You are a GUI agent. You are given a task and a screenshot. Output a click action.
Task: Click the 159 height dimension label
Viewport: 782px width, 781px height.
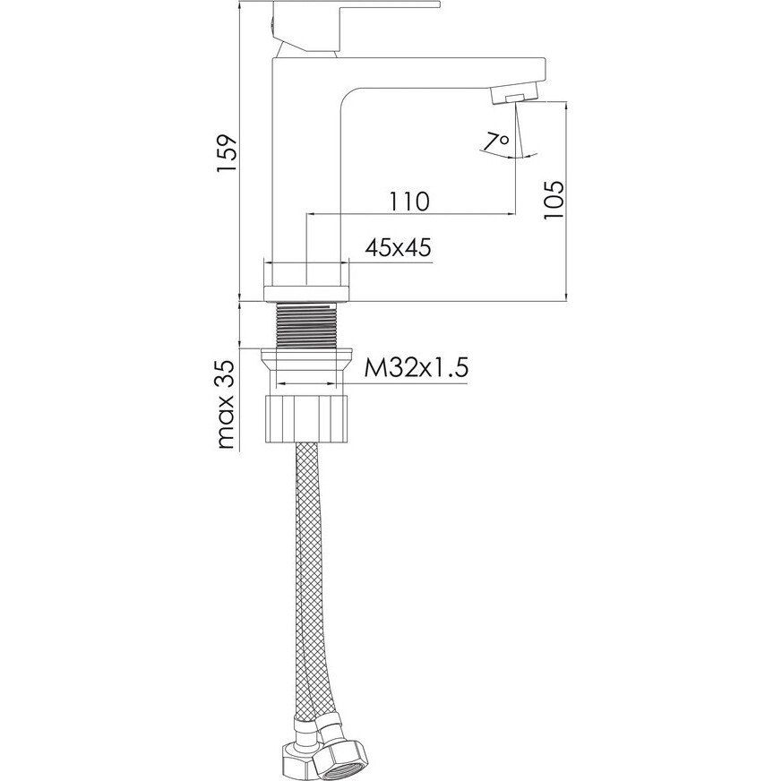point(227,154)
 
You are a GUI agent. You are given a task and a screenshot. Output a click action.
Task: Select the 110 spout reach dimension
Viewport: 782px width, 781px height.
point(409,202)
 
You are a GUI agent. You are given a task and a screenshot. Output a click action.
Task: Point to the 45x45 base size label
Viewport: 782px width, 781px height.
point(398,247)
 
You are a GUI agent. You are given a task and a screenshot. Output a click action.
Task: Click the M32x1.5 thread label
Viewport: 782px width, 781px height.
point(417,369)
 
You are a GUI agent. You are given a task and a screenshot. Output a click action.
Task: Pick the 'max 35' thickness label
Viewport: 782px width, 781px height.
point(227,405)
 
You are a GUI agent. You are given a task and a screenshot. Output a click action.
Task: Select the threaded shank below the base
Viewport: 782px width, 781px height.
point(305,324)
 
